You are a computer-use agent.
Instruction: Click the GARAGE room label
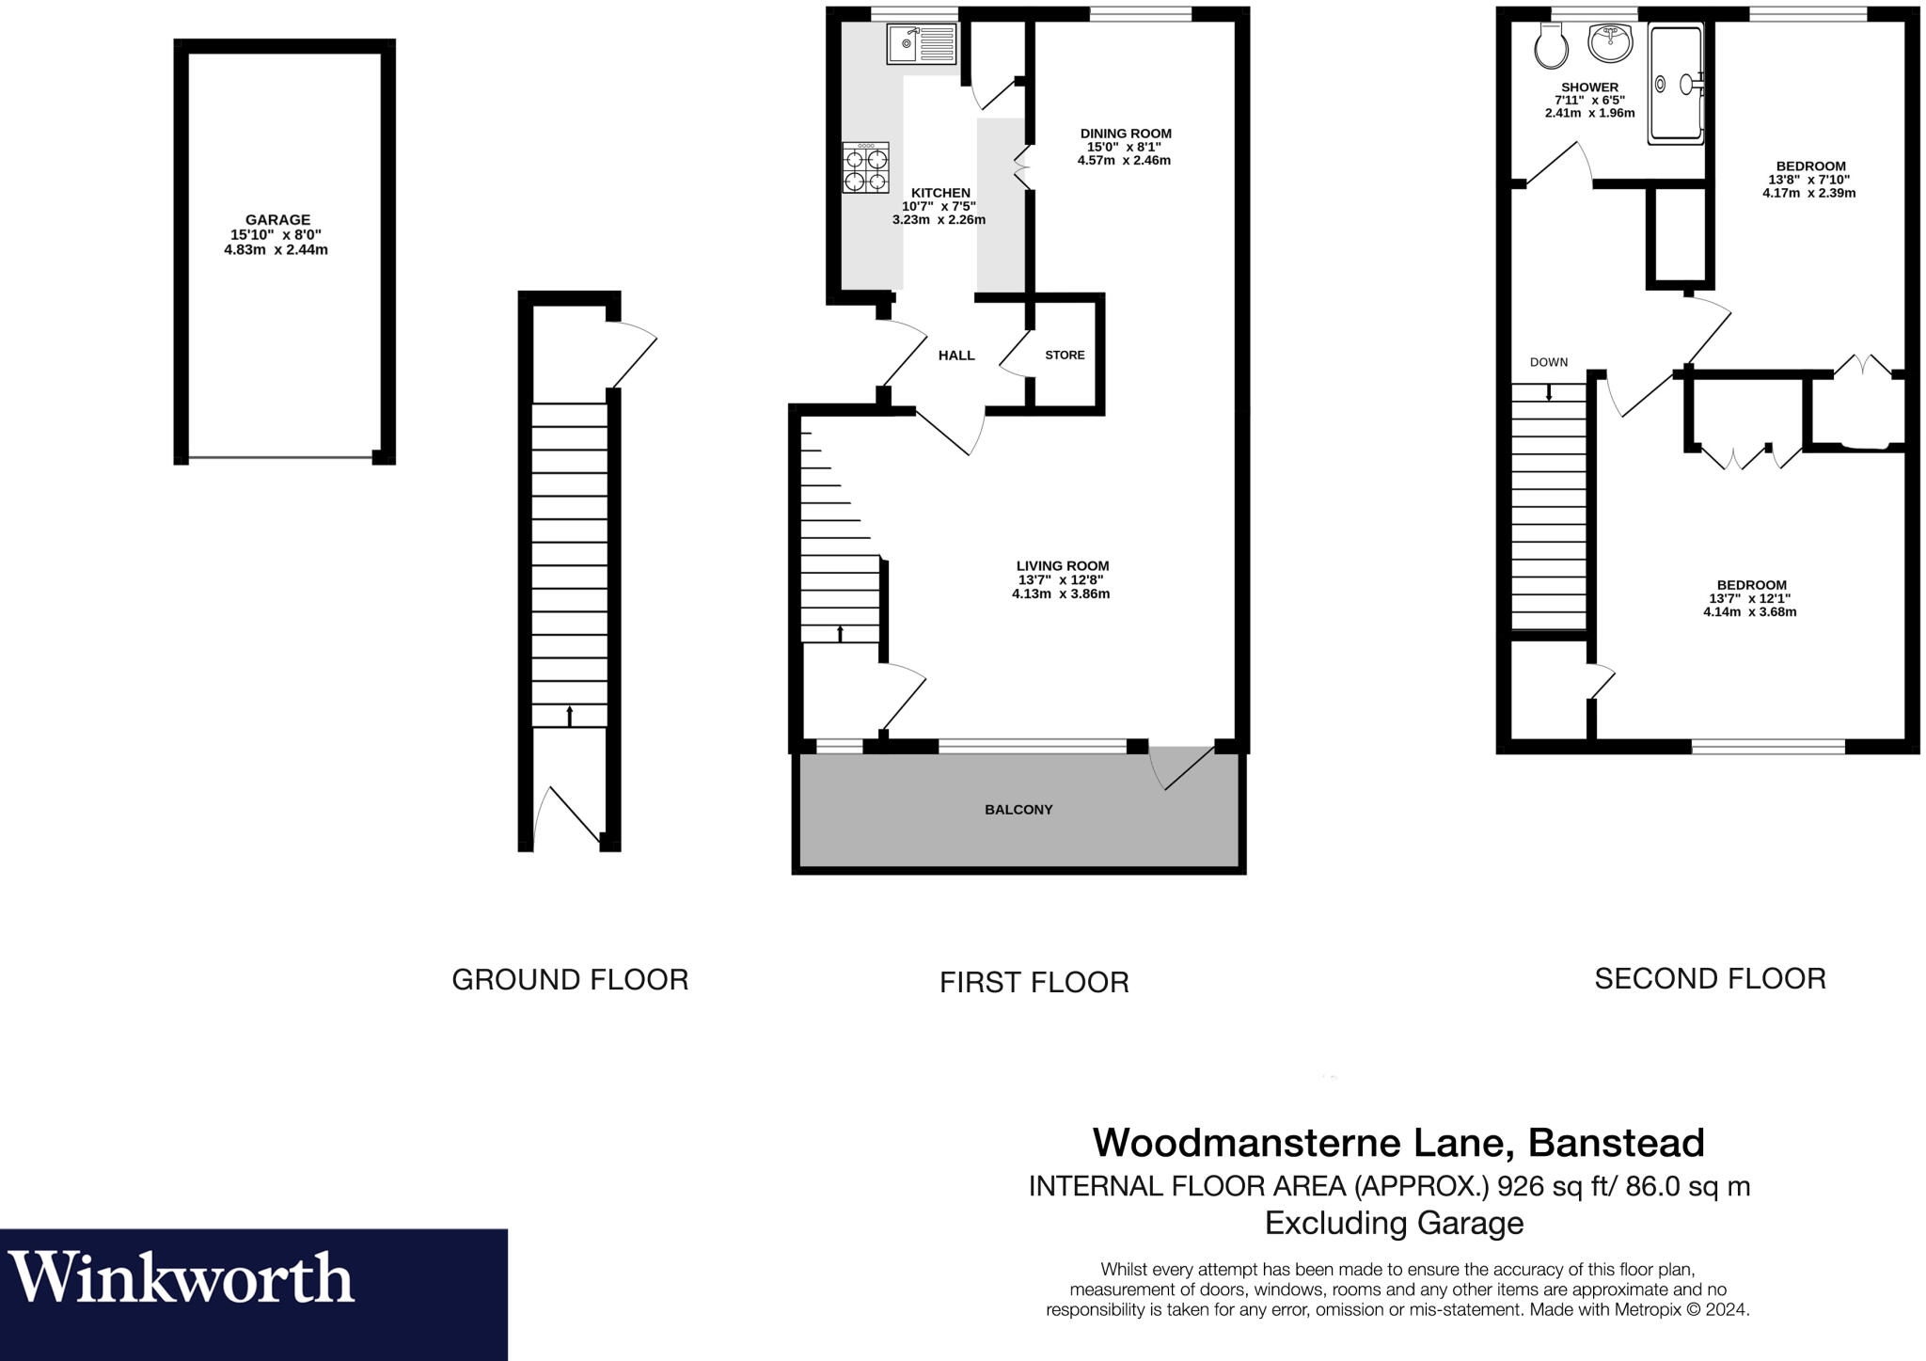(x=277, y=220)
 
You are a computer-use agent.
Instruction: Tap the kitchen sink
(x=921, y=44)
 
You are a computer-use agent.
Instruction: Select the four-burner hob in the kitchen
(x=865, y=168)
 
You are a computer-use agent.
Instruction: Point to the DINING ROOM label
(x=1126, y=134)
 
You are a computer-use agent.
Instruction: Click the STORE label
(x=1065, y=356)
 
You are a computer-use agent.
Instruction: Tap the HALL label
(x=956, y=356)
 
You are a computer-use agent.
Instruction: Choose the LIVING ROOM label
(x=1063, y=566)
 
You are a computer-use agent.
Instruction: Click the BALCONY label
(x=1018, y=810)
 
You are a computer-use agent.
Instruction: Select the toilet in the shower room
(x=1549, y=46)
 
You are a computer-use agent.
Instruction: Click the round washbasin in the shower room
(x=1610, y=42)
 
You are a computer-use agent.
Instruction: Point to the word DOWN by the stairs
(x=1549, y=362)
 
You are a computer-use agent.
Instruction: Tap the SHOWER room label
(x=1590, y=87)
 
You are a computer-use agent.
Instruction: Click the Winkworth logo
(x=182, y=1277)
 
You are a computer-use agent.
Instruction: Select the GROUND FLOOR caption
(x=570, y=980)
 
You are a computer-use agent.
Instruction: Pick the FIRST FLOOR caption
(x=1034, y=983)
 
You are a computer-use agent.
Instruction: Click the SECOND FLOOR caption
(x=1710, y=979)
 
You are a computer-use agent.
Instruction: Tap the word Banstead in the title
(x=1616, y=1143)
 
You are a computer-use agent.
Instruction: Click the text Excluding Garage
(x=1394, y=1223)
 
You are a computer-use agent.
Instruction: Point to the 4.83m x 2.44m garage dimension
(x=276, y=250)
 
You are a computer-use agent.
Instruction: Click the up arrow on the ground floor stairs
(x=569, y=716)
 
